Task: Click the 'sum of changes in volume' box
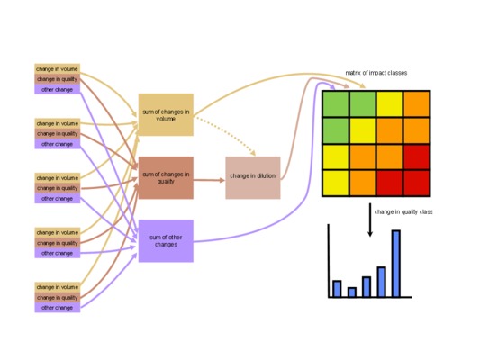(x=166, y=114)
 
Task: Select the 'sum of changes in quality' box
(x=166, y=177)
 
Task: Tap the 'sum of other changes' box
(x=166, y=240)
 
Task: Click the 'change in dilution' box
(x=253, y=177)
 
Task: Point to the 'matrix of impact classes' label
(x=376, y=73)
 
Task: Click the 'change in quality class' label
(x=403, y=212)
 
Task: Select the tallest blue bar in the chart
(x=396, y=264)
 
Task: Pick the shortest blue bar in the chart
(x=352, y=292)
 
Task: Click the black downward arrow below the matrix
(x=370, y=220)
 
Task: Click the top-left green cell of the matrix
(x=336, y=104)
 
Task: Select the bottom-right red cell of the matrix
(x=417, y=183)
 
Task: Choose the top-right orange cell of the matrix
(x=417, y=104)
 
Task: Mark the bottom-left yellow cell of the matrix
(x=336, y=183)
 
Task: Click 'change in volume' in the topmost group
(x=58, y=68)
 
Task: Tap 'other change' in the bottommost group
(x=58, y=308)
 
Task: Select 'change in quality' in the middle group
(x=58, y=188)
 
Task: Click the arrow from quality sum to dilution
(x=210, y=180)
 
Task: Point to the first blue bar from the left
(x=337, y=289)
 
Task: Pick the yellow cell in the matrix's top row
(x=389, y=104)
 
